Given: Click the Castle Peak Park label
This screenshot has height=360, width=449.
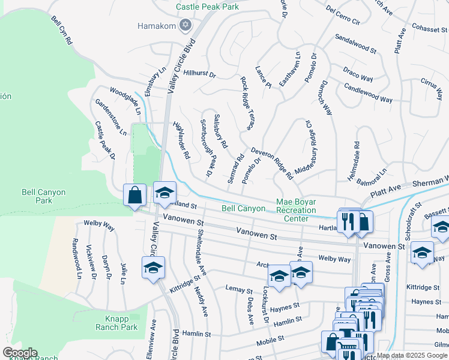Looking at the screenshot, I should pyautogui.click(x=207, y=7).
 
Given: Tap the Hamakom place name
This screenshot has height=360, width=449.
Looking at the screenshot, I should pyautogui.click(x=157, y=26).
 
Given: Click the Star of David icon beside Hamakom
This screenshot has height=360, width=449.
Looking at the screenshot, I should pyautogui.click(x=185, y=25).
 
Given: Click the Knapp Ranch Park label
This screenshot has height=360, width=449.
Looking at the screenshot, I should pyautogui.click(x=116, y=322).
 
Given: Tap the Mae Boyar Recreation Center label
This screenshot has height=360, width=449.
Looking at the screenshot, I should pyautogui.click(x=296, y=210).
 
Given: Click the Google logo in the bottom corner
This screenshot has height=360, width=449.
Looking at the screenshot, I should pyautogui.click(x=19, y=353).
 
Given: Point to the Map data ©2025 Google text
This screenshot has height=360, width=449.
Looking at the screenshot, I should pyautogui.click(x=412, y=355).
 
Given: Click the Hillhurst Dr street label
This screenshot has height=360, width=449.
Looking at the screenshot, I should pyautogui.click(x=199, y=74).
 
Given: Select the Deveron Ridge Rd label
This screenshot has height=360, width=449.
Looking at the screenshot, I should pyautogui.click(x=272, y=164).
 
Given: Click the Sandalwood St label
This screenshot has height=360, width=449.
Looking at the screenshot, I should pyautogui.click(x=355, y=43).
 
